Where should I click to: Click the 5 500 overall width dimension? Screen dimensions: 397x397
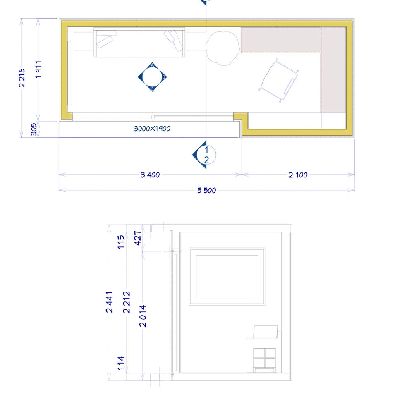coord(207,190)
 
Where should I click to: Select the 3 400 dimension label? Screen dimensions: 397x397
coord(150,175)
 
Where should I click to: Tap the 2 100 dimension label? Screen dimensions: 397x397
coord(298,175)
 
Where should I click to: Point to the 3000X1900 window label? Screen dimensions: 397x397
coord(152,129)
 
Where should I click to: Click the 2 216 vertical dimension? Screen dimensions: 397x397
coord(22,78)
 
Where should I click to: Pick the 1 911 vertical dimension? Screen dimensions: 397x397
coord(38,69)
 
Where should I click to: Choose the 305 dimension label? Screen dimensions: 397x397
coord(33,129)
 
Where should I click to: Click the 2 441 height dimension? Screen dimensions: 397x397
coord(109,302)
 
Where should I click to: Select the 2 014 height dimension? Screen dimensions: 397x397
coord(143,316)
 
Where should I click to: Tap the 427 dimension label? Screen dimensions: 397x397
coord(137,238)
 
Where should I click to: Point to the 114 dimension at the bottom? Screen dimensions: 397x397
coord(121,363)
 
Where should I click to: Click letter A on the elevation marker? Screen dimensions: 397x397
coord(152,65)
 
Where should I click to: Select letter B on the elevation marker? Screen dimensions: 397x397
coord(164,77)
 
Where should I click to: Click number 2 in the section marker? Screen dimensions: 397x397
coord(206,160)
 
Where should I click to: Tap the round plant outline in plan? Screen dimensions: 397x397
coord(222,48)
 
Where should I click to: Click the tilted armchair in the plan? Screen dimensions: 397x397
coord(278,80)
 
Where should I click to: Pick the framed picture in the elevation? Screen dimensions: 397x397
coord(227,277)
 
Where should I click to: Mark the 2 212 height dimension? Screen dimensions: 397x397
coord(127,302)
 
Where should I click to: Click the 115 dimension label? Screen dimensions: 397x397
coord(121,242)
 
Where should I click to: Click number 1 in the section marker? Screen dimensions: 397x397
coord(206,150)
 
